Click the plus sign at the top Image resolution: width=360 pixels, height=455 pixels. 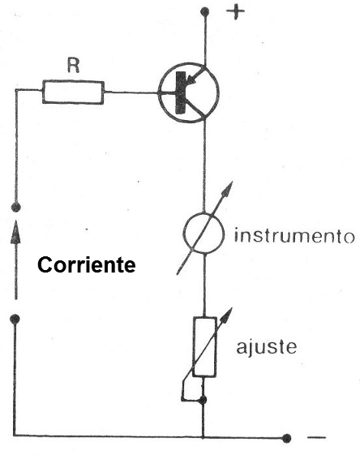(235, 13)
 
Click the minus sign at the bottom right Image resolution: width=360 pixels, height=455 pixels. (316, 437)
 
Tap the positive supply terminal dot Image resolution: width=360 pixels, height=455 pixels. (205, 11)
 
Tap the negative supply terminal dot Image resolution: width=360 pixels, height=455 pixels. (286, 438)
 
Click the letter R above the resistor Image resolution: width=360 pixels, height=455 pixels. (73, 66)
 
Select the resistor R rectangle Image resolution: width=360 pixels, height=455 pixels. (73, 92)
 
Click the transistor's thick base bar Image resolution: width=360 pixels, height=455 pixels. (181, 92)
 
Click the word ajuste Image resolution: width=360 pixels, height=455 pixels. (266, 347)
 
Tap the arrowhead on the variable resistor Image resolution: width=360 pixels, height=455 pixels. (227, 315)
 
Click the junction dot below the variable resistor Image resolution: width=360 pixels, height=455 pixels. (203, 400)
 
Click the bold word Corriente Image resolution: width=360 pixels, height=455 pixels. (87, 264)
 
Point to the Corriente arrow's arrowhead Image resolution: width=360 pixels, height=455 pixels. (16, 232)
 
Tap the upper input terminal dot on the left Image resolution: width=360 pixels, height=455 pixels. (15, 207)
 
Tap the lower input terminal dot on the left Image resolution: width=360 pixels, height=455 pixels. (15, 319)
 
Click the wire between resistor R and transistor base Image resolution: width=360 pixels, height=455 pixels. (131, 92)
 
